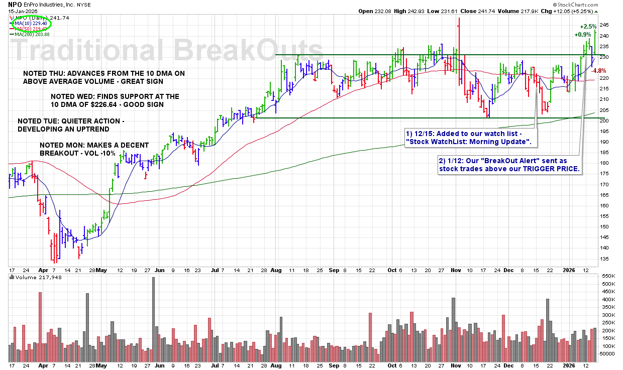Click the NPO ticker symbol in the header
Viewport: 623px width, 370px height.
14,4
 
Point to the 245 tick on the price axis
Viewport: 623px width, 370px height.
604,25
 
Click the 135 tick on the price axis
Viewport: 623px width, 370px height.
604,259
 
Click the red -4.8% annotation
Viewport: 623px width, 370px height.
599,71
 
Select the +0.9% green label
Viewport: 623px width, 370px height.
583,35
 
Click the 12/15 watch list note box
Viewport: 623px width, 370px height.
470,138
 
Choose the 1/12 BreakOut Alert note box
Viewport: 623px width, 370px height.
509,165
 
